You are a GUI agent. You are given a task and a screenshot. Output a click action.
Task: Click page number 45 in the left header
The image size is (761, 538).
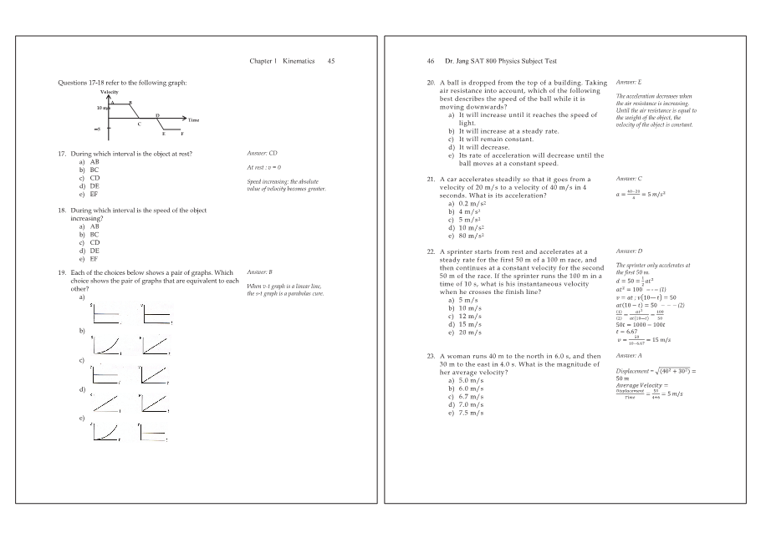click(x=331, y=61)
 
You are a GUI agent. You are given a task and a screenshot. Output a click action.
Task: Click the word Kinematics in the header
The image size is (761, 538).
click(x=299, y=61)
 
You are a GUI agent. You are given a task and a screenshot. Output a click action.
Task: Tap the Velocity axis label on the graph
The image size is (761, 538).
click(x=109, y=92)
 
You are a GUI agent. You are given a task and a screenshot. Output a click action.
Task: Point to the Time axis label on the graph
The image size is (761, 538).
click(x=193, y=120)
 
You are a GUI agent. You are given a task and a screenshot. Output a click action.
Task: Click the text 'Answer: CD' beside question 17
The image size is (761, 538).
click(x=262, y=154)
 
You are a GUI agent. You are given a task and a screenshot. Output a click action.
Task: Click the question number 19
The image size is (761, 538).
click(x=62, y=273)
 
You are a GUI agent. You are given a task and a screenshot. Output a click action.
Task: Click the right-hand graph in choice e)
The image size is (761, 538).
click(x=156, y=430)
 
